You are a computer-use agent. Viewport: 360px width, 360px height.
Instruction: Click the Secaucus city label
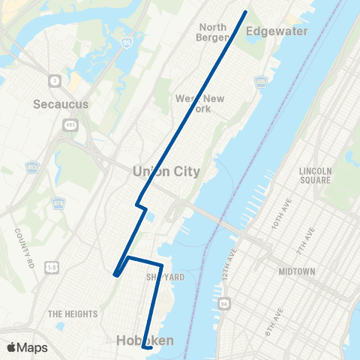click(61, 104)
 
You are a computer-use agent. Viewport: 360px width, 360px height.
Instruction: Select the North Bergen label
click(212, 32)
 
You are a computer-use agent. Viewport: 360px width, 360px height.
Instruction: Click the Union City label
click(166, 171)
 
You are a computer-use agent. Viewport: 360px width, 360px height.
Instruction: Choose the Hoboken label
click(145, 340)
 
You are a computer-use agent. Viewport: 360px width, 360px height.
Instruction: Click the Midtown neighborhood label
click(296, 271)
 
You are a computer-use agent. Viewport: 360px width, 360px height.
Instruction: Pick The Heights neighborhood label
click(69, 313)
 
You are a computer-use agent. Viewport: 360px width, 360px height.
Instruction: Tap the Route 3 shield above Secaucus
click(55, 79)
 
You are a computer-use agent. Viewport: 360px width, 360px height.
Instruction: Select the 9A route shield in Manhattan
click(224, 304)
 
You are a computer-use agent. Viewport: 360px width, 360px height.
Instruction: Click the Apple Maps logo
click(27, 347)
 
